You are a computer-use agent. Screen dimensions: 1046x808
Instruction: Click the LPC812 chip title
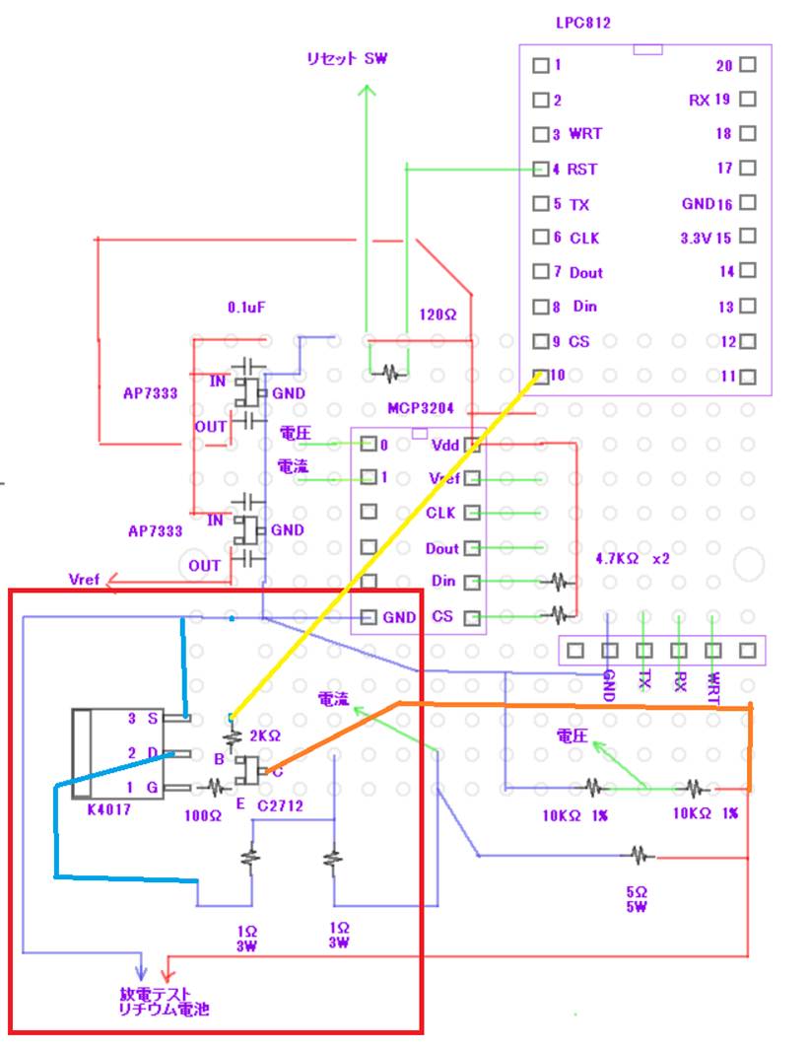[x=582, y=23]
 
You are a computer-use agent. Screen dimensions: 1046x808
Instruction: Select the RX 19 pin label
[x=708, y=100]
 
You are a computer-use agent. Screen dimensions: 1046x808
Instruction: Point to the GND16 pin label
[x=707, y=203]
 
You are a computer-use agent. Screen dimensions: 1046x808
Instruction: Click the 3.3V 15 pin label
[x=707, y=238]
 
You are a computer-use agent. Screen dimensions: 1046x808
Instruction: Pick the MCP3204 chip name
[x=420, y=407]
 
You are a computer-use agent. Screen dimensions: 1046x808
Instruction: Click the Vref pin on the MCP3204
[x=443, y=479]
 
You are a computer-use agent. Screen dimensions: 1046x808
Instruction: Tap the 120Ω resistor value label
[x=438, y=315]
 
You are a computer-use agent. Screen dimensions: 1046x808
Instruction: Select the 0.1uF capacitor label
[x=245, y=309]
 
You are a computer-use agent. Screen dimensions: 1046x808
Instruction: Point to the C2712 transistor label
[x=279, y=806]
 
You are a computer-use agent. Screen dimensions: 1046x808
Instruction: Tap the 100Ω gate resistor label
[x=204, y=817]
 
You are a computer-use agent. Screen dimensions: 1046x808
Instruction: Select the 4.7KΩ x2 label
[x=633, y=558]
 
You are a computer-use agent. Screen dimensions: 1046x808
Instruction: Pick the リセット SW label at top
[x=347, y=59]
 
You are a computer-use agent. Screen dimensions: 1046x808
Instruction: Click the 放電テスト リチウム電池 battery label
[x=165, y=1002]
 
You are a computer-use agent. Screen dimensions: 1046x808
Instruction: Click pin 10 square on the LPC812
[x=540, y=376]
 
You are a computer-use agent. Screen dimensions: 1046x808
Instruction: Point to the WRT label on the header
[x=714, y=688]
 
